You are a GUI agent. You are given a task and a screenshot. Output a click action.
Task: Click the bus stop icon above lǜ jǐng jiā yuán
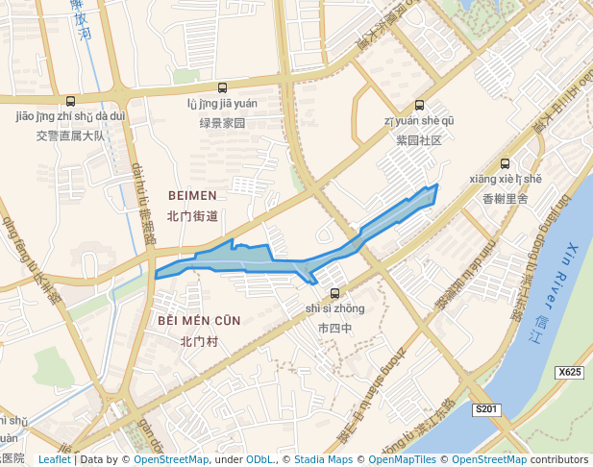[x=223, y=87]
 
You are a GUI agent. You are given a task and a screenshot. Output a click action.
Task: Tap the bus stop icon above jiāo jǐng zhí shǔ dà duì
[x=70, y=102]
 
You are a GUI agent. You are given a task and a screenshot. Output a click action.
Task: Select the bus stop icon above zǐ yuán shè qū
[x=418, y=106]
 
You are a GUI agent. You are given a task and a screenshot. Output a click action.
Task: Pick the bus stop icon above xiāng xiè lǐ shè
[x=506, y=164]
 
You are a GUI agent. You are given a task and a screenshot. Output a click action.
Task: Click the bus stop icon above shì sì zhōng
[x=334, y=293]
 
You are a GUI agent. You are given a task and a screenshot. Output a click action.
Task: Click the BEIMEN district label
[x=192, y=195]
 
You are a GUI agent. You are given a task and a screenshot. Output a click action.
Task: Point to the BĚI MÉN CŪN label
[x=199, y=320]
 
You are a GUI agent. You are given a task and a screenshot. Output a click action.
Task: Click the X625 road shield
[x=570, y=372]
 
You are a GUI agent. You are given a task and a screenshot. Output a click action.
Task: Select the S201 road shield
[x=487, y=409]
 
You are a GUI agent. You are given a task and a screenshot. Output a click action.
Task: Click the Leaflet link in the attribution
[x=54, y=459]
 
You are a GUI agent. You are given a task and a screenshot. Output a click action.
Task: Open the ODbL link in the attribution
[x=260, y=459]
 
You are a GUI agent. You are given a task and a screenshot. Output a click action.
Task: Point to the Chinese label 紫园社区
[x=418, y=140]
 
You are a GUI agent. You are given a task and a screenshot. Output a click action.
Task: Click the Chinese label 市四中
[x=334, y=328]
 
